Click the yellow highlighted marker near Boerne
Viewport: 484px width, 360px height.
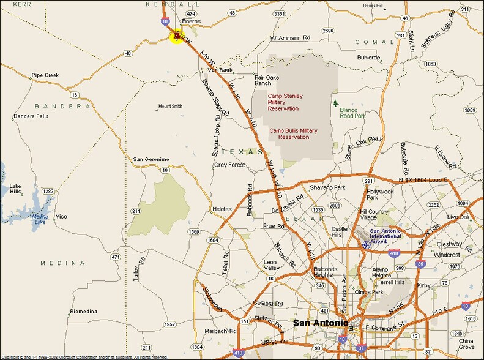click(x=177, y=37)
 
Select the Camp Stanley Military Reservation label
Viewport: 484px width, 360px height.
click(x=285, y=102)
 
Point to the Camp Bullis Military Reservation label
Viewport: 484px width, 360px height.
click(x=294, y=133)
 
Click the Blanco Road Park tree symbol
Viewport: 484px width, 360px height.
click(x=335, y=103)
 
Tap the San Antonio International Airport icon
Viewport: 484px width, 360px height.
click(x=366, y=244)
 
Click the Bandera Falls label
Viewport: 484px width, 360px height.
click(x=31, y=116)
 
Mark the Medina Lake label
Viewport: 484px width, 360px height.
click(x=39, y=219)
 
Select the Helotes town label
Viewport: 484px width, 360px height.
click(x=222, y=209)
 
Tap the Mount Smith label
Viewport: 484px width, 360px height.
click(x=170, y=106)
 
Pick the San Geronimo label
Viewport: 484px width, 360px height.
click(x=151, y=159)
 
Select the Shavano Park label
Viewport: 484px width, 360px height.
click(x=328, y=187)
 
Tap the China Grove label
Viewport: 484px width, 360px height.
click(x=466, y=344)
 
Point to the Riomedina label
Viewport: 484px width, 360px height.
click(x=84, y=312)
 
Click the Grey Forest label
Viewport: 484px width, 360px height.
click(x=229, y=165)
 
